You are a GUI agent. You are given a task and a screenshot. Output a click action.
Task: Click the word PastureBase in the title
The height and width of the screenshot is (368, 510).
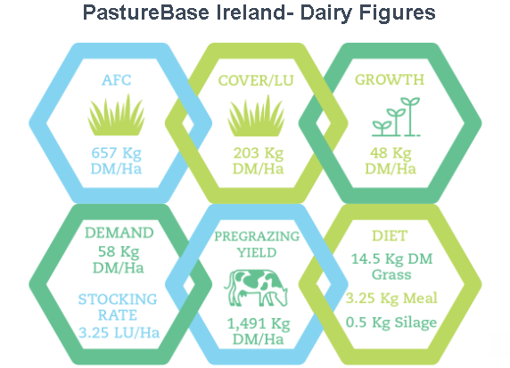(145, 13)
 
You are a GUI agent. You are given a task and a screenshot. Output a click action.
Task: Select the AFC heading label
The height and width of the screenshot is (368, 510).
(117, 80)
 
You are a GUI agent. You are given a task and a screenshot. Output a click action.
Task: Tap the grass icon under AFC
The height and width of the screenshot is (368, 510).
(116, 115)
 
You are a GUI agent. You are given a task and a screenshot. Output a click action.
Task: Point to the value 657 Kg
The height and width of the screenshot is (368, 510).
(117, 153)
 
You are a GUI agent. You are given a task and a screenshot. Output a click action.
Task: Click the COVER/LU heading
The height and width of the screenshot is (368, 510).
(256, 80)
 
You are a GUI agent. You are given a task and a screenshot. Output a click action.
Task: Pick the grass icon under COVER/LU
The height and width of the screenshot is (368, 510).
(256, 116)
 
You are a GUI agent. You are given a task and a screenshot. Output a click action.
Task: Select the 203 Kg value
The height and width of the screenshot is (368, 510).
(259, 153)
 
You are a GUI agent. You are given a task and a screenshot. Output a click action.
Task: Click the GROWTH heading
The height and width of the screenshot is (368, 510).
(390, 79)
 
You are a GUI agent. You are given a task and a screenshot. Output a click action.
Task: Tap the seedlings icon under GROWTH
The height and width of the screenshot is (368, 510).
(396, 117)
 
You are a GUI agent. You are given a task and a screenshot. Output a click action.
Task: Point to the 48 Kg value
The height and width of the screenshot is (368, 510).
(391, 153)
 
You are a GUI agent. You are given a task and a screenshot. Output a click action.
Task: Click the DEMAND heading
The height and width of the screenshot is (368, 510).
(119, 233)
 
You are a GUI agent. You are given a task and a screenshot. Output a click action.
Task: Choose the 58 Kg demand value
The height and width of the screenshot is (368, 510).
(119, 252)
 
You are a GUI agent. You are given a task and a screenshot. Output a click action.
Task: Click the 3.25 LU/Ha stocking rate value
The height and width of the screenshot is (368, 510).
(119, 332)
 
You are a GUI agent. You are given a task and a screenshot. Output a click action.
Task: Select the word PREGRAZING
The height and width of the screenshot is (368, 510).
(257, 236)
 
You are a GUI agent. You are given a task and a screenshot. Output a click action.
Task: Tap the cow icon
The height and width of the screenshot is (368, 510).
(256, 288)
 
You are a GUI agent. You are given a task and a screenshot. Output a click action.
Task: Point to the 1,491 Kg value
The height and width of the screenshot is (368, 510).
(259, 323)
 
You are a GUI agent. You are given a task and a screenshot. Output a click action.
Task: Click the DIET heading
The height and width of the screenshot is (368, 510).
(390, 236)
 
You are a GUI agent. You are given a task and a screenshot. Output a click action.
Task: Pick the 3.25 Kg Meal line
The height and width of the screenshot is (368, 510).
(391, 298)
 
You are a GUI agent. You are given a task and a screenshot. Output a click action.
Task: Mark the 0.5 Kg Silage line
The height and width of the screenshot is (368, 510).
(391, 323)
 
